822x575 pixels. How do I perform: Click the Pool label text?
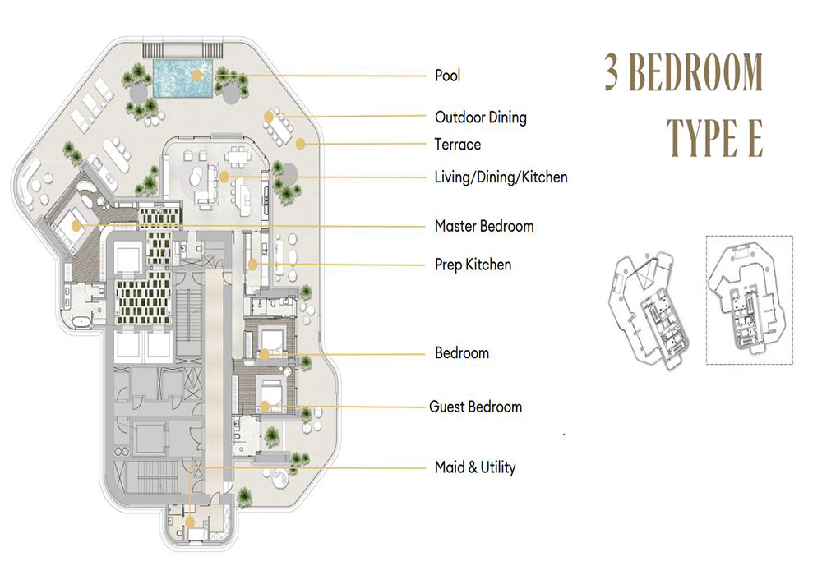click(x=448, y=76)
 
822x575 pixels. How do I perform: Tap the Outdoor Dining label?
click(x=481, y=117)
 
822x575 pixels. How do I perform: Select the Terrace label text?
click(x=458, y=145)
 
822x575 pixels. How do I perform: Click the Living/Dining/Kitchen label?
click(x=501, y=177)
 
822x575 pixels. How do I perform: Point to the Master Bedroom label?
click(x=484, y=226)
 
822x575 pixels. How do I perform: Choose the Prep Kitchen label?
click(x=473, y=264)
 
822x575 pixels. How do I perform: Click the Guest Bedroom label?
click(x=475, y=407)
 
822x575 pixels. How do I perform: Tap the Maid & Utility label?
click(x=475, y=467)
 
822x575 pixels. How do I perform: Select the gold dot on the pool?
click(x=196, y=76)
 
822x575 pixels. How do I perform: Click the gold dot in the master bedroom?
click(x=76, y=226)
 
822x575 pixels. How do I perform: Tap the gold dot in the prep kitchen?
click(x=252, y=264)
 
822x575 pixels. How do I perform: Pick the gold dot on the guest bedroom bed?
click(x=265, y=407)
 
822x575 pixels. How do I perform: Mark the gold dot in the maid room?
click(x=190, y=522)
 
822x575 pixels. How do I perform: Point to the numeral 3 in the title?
click(x=612, y=71)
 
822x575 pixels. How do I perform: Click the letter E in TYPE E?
click(x=754, y=138)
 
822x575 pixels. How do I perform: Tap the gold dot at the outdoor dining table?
click(x=269, y=117)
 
